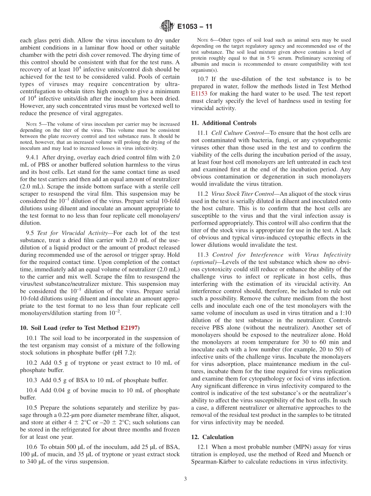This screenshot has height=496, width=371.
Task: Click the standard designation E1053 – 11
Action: point(194,27)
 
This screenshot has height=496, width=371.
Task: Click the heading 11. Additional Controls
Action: point(224,123)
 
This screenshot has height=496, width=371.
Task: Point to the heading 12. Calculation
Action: point(212,437)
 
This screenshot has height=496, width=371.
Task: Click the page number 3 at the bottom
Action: point(185,479)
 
